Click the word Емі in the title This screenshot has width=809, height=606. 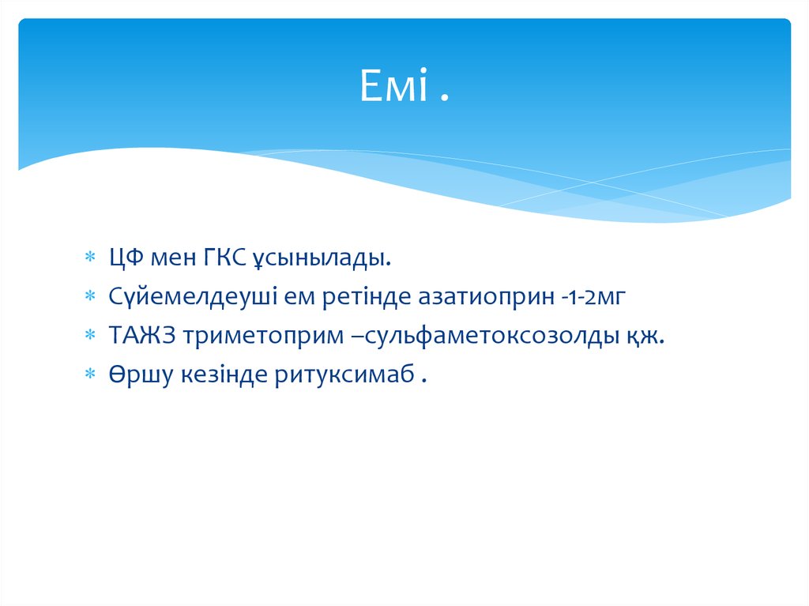point(393,86)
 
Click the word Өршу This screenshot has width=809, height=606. point(134,375)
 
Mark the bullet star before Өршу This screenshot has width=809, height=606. point(92,375)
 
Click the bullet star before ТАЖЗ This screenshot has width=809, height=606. point(92,337)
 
